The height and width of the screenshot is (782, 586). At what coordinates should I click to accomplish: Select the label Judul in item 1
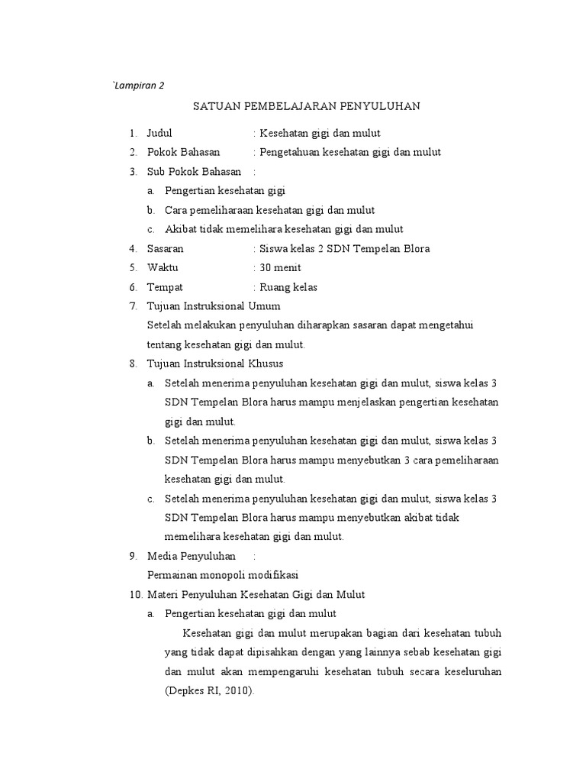click(160, 133)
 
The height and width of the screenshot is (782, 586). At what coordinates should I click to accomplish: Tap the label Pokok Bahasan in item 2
click(183, 152)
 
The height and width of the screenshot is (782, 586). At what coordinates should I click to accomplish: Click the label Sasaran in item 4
click(166, 248)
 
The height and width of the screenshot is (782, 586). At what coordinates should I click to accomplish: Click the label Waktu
click(163, 267)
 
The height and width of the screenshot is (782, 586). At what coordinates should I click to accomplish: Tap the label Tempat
click(165, 287)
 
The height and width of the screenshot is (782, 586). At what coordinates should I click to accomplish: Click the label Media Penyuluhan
click(191, 555)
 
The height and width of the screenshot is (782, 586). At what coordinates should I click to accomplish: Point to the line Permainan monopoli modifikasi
click(222, 574)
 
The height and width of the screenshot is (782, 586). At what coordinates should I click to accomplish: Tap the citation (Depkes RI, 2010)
click(208, 690)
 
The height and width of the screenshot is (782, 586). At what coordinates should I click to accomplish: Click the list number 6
click(133, 287)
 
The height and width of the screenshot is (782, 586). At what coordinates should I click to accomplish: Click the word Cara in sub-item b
click(176, 210)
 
